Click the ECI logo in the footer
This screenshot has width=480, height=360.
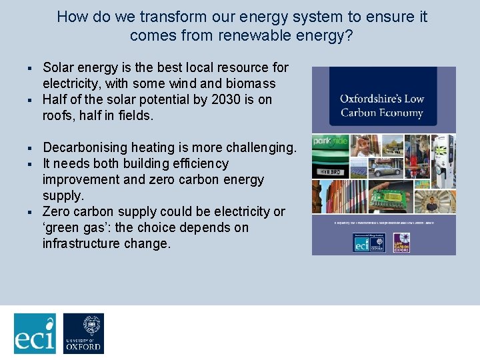click(x=35, y=333)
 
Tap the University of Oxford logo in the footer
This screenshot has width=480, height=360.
click(x=83, y=333)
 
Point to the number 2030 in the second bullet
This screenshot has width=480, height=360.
click(x=218, y=99)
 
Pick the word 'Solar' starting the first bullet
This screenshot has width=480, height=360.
click(x=58, y=67)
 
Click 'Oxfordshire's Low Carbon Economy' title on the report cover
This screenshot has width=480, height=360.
click(x=381, y=106)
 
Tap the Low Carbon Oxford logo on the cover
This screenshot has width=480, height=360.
click(x=401, y=242)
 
